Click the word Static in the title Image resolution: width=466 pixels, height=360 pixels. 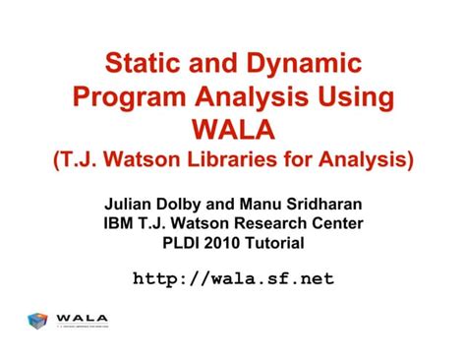[144, 68]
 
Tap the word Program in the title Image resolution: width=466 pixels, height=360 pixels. [127, 98]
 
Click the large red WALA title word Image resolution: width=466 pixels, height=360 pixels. [233, 129]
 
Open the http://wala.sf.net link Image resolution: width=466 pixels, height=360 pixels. [233, 278]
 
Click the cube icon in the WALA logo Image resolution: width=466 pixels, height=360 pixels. [38, 321]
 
